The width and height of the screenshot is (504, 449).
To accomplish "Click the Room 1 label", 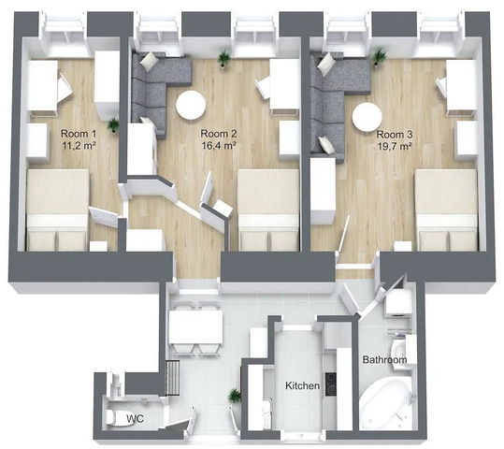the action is point(79,133).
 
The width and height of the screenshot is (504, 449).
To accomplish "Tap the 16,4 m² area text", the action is point(219,146).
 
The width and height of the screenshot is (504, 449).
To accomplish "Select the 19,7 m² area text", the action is point(395,147).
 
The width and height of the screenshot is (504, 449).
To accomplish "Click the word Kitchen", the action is point(302,385).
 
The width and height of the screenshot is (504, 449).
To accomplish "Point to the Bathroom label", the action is point(384,359).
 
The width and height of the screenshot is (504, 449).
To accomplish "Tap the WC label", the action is point(135,418).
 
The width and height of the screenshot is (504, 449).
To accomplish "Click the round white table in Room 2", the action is point(191,105).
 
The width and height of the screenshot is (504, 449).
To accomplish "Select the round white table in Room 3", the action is point(367,117).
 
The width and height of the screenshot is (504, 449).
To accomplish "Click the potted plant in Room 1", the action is point(113,124).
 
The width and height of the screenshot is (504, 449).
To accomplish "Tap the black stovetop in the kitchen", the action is point(331,384).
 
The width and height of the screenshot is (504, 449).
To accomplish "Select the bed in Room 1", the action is point(57,210).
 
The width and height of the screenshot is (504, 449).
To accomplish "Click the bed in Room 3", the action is point(447,210).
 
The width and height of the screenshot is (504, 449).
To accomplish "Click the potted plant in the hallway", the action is point(235,396).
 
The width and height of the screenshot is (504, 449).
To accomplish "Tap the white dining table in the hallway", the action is point(195,326).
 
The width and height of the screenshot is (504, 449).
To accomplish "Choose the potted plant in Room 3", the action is point(380,56).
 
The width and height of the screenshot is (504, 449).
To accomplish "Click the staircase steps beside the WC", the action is point(173,378).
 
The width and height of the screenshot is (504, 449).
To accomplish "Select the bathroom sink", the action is point(397,350).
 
